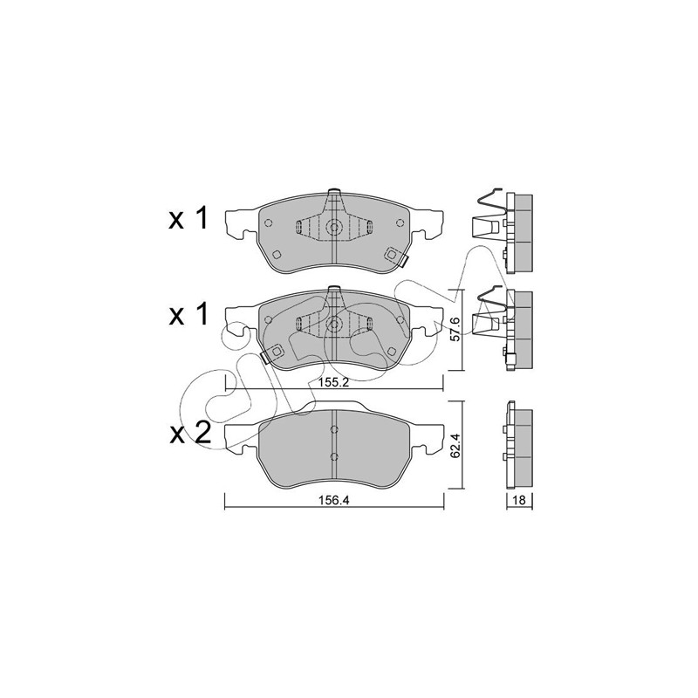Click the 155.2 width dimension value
334,383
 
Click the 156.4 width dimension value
334,500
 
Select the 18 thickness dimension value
519,500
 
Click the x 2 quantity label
189,433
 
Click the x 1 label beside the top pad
188,219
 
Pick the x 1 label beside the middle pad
188,315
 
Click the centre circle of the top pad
333,228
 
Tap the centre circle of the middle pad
333,324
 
